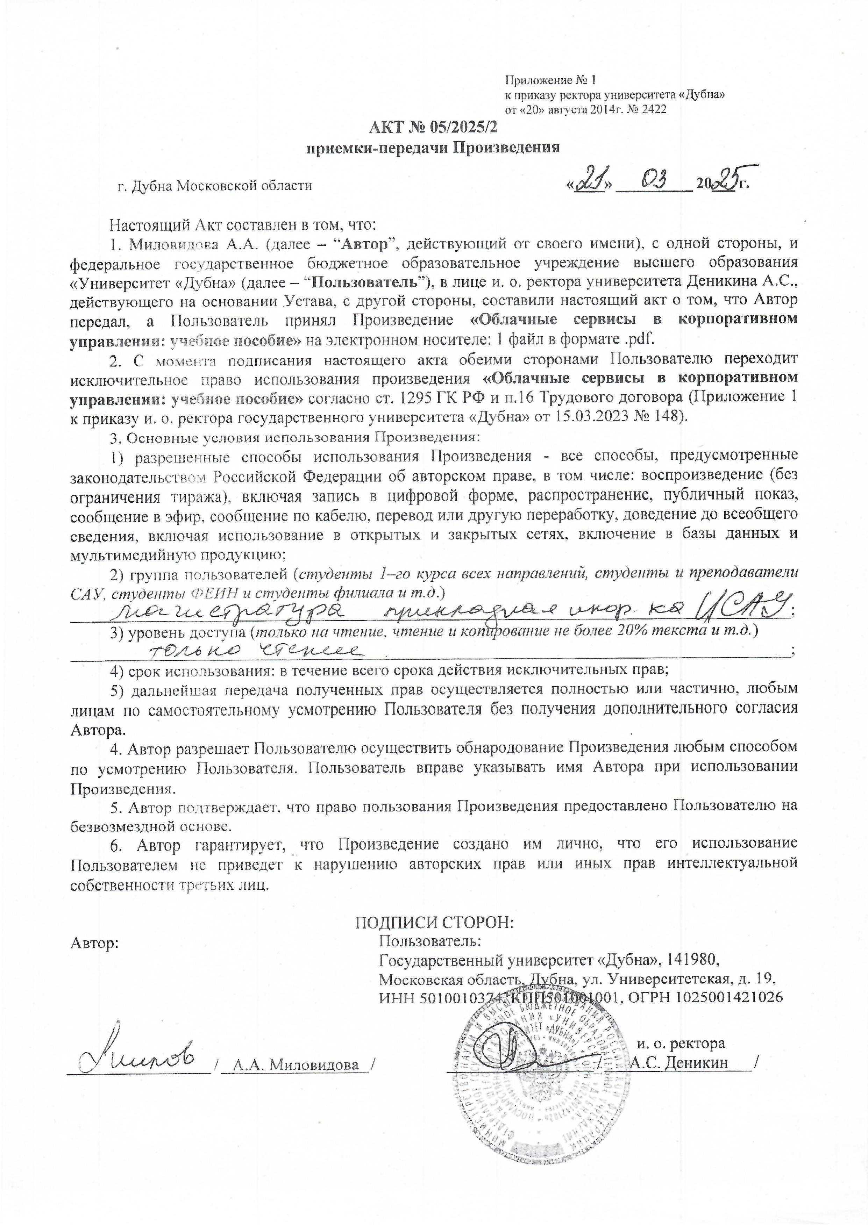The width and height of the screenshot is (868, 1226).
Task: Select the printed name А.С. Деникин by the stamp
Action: pos(680,1062)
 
